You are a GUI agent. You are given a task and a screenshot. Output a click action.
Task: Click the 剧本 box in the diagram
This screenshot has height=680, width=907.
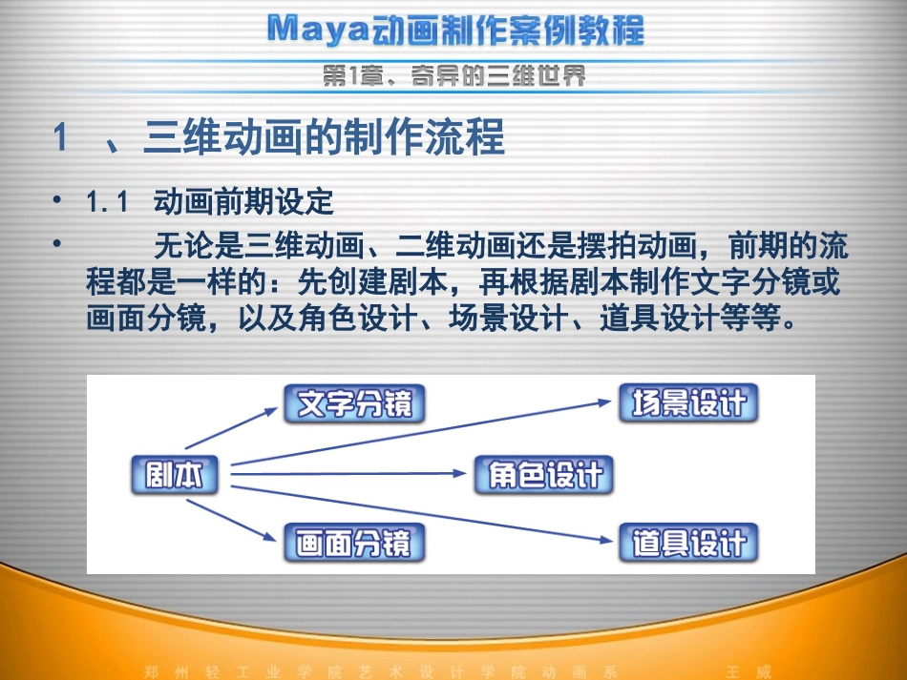pyautogui.click(x=175, y=476)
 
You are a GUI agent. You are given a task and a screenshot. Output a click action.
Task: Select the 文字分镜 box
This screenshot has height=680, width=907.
pyautogui.click(x=354, y=404)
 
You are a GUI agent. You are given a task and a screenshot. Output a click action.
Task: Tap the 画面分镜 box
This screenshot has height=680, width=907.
pyautogui.click(x=354, y=544)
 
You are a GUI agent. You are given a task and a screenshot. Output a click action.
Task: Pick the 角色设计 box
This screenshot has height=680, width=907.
pyautogui.click(x=544, y=475)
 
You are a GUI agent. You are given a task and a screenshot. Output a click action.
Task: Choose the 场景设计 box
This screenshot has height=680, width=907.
pyautogui.click(x=688, y=403)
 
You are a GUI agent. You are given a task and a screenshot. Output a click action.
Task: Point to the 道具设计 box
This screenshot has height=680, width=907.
pyautogui.click(x=688, y=544)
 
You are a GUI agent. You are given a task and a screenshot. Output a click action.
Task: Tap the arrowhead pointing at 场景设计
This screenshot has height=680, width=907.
pyautogui.click(x=603, y=402)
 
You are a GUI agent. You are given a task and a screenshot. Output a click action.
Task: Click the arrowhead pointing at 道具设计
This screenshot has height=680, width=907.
pyautogui.click(x=603, y=539)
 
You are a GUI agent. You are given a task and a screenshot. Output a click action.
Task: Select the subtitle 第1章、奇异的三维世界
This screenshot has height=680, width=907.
pyautogui.click(x=453, y=76)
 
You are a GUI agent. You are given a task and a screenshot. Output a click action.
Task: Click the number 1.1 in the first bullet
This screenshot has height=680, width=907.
pyautogui.click(x=106, y=202)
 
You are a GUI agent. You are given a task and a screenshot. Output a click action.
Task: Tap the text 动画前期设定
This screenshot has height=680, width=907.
pyautogui.click(x=243, y=202)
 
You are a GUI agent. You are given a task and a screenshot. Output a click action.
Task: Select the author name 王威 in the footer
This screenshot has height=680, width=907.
pyautogui.click(x=749, y=670)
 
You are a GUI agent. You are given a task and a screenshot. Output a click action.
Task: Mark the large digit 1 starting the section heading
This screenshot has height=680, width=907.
pyautogui.click(x=60, y=139)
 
